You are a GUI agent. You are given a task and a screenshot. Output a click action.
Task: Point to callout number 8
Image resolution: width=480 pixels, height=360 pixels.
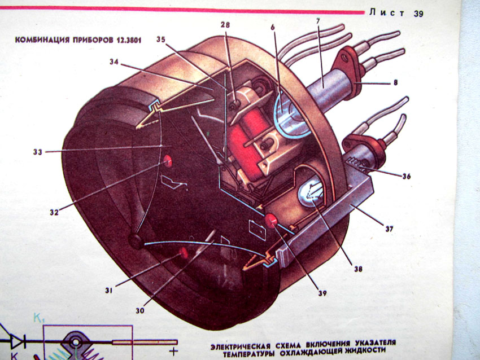click(395, 83)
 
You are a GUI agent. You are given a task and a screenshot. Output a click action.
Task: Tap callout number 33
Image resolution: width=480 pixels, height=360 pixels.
click(38, 151)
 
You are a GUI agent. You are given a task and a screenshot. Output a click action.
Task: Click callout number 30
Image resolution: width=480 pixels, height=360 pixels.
click(139, 309)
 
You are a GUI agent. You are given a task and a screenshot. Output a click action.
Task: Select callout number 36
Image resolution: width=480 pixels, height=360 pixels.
click(406, 176)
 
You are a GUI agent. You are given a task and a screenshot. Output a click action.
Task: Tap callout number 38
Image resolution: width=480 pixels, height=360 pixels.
click(359, 270)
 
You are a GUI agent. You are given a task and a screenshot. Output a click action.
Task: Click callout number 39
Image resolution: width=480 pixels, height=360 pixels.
click(322, 292)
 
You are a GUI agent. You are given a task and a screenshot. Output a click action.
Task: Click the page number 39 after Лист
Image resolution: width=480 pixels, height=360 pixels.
click(418, 14)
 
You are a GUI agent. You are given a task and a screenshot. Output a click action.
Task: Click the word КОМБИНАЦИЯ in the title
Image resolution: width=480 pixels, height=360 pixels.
click(40, 41)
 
